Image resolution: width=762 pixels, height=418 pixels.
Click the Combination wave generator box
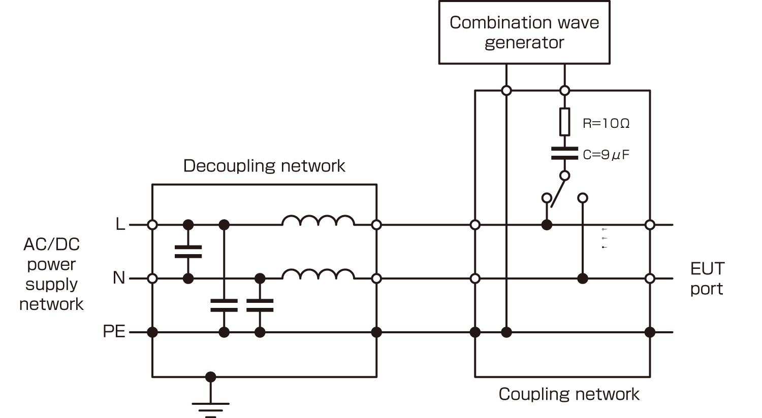tap(524, 32)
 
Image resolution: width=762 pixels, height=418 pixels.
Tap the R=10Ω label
tap(606, 123)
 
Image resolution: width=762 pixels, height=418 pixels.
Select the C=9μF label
tap(606, 155)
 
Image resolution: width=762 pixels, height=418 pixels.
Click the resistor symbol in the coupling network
tap(564, 122)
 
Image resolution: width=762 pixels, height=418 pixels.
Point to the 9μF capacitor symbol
tap(564, 153)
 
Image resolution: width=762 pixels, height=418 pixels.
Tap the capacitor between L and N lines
tap(188, 252)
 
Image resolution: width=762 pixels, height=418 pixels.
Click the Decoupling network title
tap(264, 166)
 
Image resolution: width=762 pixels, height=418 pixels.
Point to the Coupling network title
tap(568, 394)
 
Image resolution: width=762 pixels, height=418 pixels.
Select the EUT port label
tap(707, 278)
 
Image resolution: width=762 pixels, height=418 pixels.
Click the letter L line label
tap(120, 224)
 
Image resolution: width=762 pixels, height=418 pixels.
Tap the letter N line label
tap(118, 278)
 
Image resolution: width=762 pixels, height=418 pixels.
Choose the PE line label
tap(114, 331)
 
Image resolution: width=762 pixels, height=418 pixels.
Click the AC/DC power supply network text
tap(51, 274)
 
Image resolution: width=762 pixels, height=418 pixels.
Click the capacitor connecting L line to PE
tap(224, 305)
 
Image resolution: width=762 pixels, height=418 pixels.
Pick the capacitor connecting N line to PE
tap(260, 305)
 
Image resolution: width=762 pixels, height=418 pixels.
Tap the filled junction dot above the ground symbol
tap(210, 377)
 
